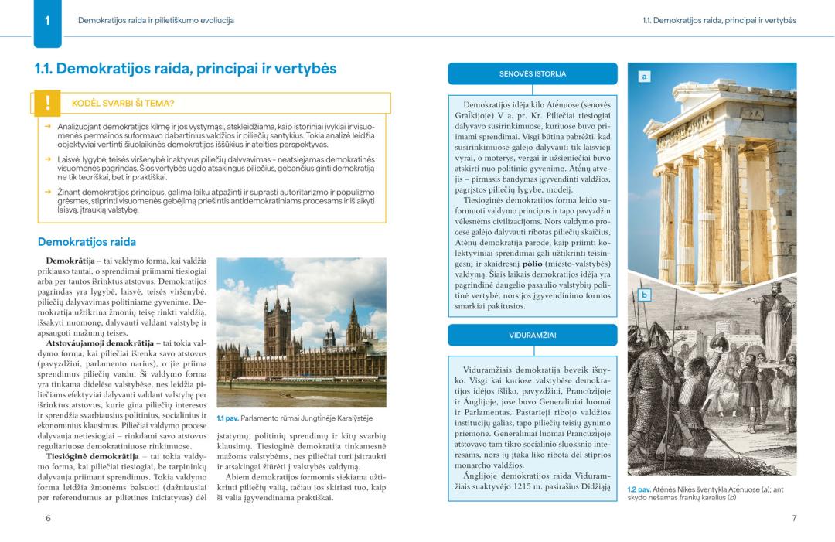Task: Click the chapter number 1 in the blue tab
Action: coord(47,21)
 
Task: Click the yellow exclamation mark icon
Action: coord(48,103)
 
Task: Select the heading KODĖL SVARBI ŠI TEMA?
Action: coord(123,103)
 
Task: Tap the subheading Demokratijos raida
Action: coord(87,241)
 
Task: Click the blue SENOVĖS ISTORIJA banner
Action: coord(533,74)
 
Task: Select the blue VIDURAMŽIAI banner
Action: coord(533,336)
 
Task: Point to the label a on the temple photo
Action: coord(644,76)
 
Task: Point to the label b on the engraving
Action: coord(644,295)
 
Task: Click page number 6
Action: coord(48,518)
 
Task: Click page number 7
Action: coord(794,518)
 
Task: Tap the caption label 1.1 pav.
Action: coord(227,418)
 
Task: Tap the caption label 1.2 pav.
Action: coord(638,489)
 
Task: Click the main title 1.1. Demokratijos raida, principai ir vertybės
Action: coord(186,68)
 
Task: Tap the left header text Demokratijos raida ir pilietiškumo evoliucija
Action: coord(155,20)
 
